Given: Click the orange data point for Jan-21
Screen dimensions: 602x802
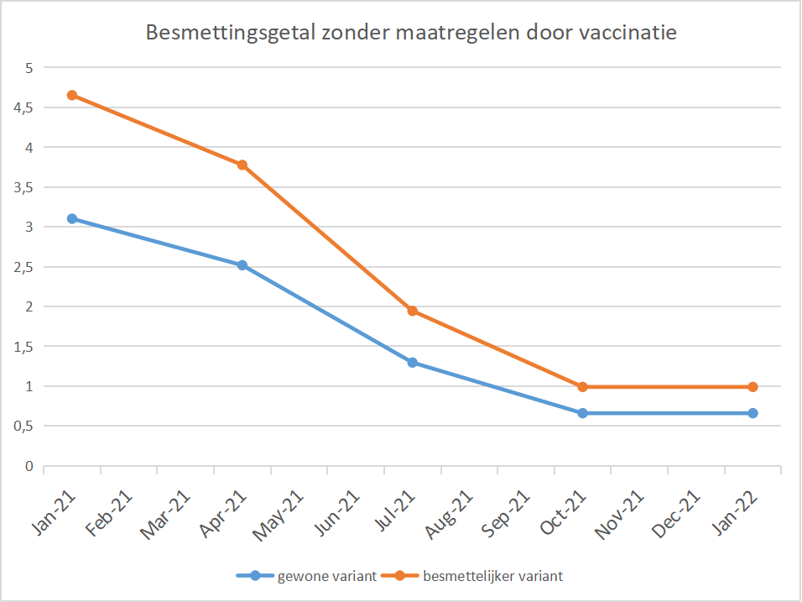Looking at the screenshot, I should [72, 95].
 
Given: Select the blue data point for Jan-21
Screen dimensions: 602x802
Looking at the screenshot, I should [72, 218].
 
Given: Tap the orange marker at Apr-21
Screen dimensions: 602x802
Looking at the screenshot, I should [242, 165].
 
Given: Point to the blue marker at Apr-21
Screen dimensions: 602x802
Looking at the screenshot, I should [242, 265].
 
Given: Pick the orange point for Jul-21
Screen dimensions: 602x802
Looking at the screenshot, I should [413, 311].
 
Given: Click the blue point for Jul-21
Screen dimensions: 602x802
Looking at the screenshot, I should [413, 363].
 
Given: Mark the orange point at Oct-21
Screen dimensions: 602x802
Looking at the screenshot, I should [582, 387].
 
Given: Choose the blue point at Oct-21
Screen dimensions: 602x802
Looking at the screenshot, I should [582, 413].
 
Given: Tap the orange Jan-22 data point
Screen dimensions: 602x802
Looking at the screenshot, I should [753, 387].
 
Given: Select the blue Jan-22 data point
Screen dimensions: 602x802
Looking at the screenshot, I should [753, 413].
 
